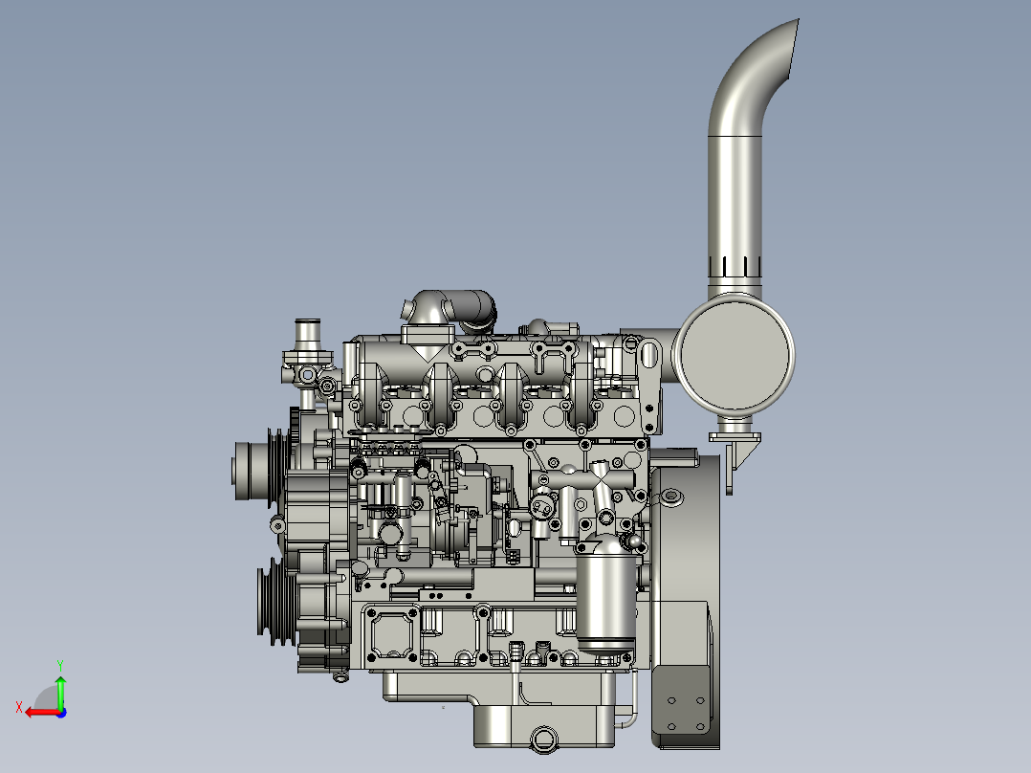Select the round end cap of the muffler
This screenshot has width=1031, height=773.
tap(735, 355)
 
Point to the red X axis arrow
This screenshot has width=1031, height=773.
tap(43, 712)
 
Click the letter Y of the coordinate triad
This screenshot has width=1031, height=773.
tap(60, 666)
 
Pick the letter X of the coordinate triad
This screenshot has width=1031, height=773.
tap(19, 707)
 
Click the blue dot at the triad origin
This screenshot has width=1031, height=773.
tap(61, 713)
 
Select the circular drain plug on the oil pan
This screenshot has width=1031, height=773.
tap(544, 739)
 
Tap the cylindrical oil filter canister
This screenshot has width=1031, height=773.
tap(606, 595)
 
